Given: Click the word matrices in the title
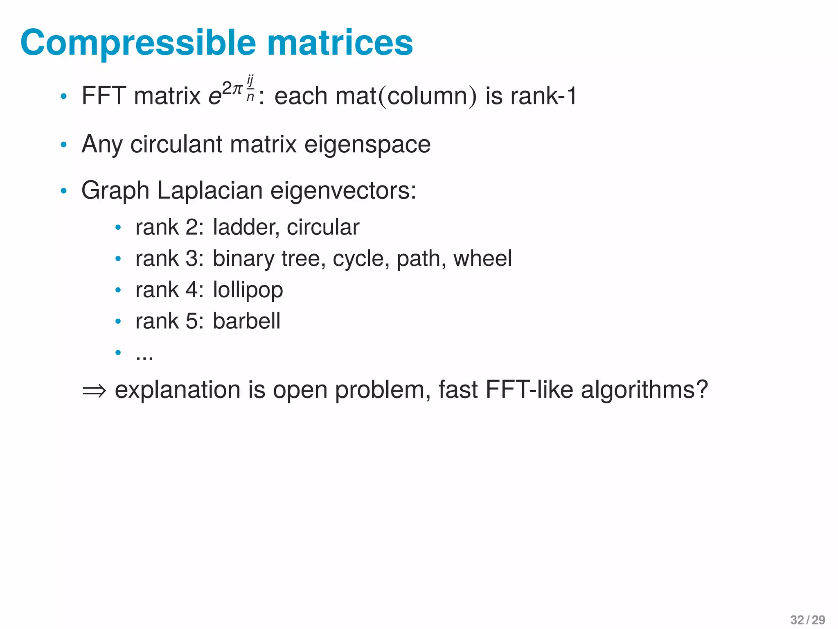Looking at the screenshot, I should tap(340, 43).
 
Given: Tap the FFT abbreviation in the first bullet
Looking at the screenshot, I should tap(104, 96).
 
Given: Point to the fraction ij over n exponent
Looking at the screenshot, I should tap(250, 88).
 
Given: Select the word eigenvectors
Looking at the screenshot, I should tap(343, 191).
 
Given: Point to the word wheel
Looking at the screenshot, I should tap(482, 258).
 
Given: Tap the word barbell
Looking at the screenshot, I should tap(246, 321).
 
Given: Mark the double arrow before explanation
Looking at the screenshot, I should tap(94, 390).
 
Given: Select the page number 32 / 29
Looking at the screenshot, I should tap(807, 620).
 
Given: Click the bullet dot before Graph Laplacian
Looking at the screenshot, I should tap(63, 191).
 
